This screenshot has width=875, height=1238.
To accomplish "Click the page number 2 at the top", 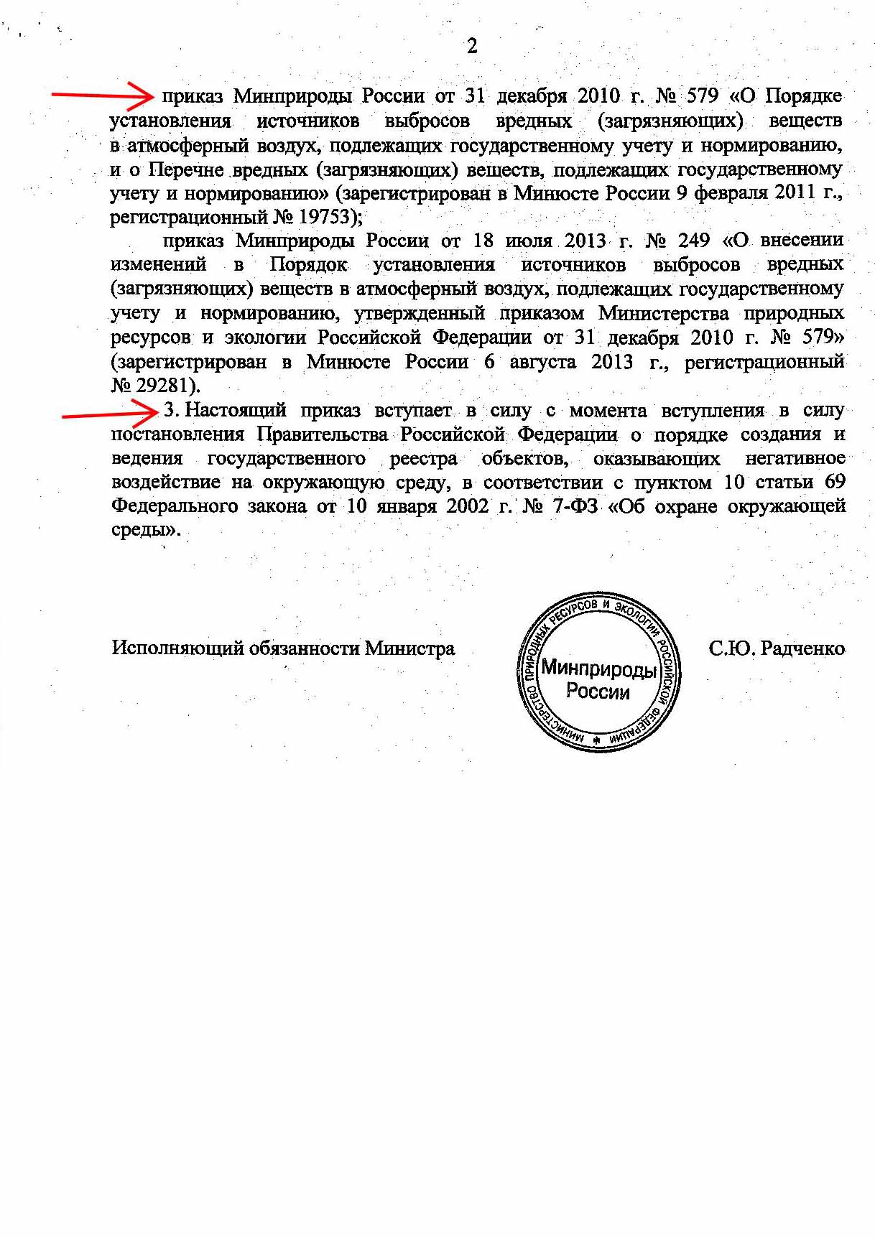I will (x=472, y=47).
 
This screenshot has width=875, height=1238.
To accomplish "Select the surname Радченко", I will (x=802, y=648).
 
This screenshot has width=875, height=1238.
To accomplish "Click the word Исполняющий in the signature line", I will (x=178, y=648).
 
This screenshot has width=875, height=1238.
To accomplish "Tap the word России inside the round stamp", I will (x=598, y=692).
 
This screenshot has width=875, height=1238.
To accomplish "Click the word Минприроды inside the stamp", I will (x=598, y=669).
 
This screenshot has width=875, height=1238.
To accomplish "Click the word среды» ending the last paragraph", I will (x=144, y=531).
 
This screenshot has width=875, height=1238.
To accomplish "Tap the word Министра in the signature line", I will (x=409, y=648).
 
